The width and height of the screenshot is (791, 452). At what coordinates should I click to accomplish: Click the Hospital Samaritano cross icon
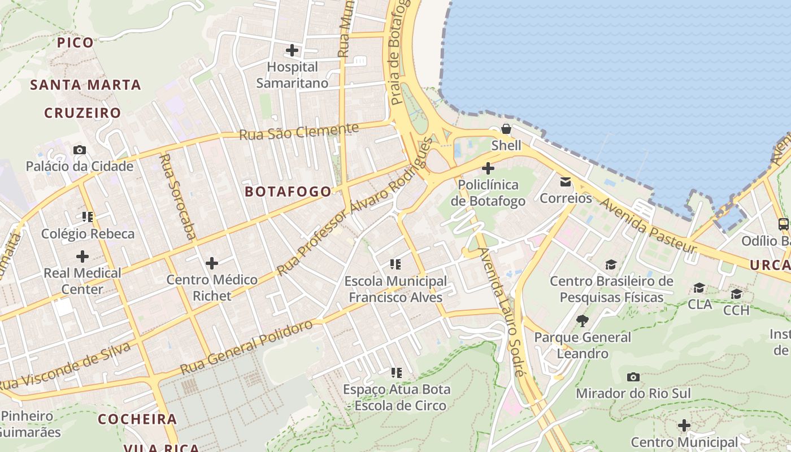(292, 50)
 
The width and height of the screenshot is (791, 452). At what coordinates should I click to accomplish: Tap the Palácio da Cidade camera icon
(80, 150)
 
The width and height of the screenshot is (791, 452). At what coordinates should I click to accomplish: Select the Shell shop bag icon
(506, 129)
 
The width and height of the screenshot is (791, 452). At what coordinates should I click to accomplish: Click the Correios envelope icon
(566, 182)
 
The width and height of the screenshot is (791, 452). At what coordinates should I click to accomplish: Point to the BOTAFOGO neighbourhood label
(288, 192)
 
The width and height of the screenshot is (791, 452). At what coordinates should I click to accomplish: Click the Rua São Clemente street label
(299, 132)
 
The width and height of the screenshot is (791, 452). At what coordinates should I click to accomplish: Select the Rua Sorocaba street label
(177, 196)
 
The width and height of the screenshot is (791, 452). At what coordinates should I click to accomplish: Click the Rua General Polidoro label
(246, 347)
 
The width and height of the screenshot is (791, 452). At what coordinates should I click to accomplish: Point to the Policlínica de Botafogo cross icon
(488, 168)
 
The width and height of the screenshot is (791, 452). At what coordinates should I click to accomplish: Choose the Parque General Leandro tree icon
(583, 321)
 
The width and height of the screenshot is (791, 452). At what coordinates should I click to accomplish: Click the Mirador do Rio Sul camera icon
(633, 377)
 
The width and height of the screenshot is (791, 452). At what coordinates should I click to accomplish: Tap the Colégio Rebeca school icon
(88, 216)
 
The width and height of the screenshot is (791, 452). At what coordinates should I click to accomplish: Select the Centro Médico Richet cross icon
(212, 263)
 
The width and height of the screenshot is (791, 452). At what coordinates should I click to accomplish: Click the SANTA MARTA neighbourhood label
(85, 85)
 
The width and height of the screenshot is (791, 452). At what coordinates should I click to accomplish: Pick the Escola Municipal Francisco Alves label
(395, 289)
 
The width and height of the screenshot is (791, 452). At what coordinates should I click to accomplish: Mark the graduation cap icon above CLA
(699, 288)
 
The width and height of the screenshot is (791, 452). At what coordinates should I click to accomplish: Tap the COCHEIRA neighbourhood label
(138, 419)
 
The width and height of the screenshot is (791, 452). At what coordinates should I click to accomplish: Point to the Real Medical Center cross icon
(82, 257)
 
